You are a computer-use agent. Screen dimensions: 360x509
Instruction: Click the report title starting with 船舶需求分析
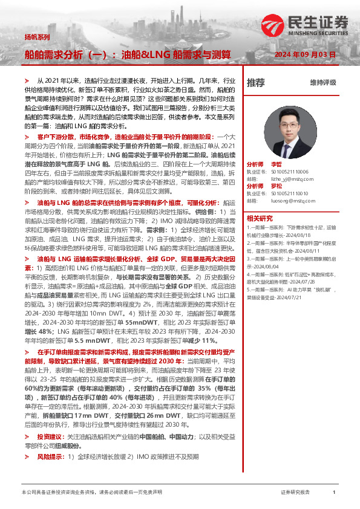pyautogui.click(x=128, y=55)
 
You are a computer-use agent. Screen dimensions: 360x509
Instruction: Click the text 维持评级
pyautogui.click(x=322, y=83)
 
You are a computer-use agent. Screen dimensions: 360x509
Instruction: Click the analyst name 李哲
pyautogui.click(x=276, y=164)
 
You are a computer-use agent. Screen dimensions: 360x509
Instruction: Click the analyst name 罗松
pyautogui.click(x=276, y=186)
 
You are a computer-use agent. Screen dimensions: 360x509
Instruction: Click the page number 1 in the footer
pyautogui.click(x=334, y=493)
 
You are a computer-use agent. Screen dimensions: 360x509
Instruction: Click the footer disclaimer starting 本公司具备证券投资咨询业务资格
pyautogui.click(x=91, y=493)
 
